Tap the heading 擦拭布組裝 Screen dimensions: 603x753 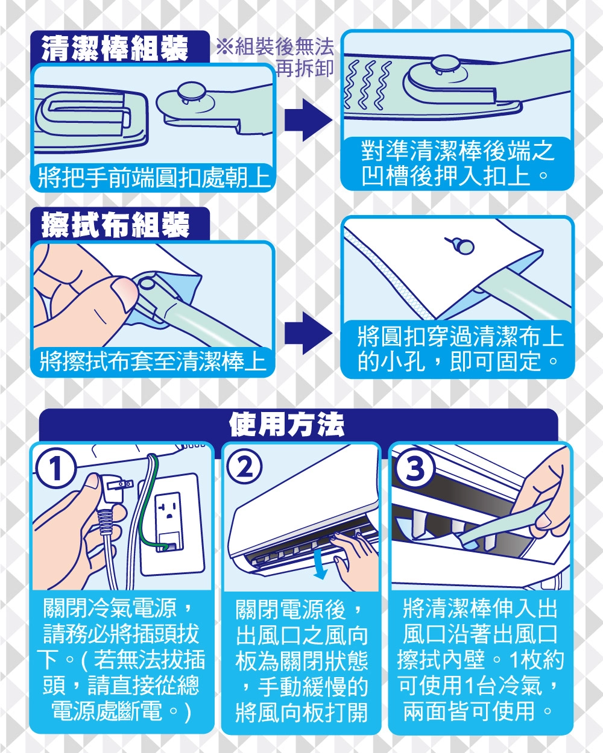(x=116, y=224)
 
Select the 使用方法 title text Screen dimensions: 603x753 (x=286, y=424)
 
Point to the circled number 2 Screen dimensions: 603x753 (x=244, y=467)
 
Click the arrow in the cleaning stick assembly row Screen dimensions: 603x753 (x=308, y=120)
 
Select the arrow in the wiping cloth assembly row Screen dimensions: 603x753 (x=308, y=333)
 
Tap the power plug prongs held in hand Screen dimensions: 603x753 (x=120, y=485)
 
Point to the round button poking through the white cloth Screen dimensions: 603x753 (x=463, y=246)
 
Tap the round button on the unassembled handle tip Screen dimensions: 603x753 (x=191, y=92)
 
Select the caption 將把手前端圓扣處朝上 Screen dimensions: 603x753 (x=154, y=178)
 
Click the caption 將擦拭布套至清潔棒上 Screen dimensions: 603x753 (x=153, y=361)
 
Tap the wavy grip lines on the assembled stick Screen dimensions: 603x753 (x=368, y=85)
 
